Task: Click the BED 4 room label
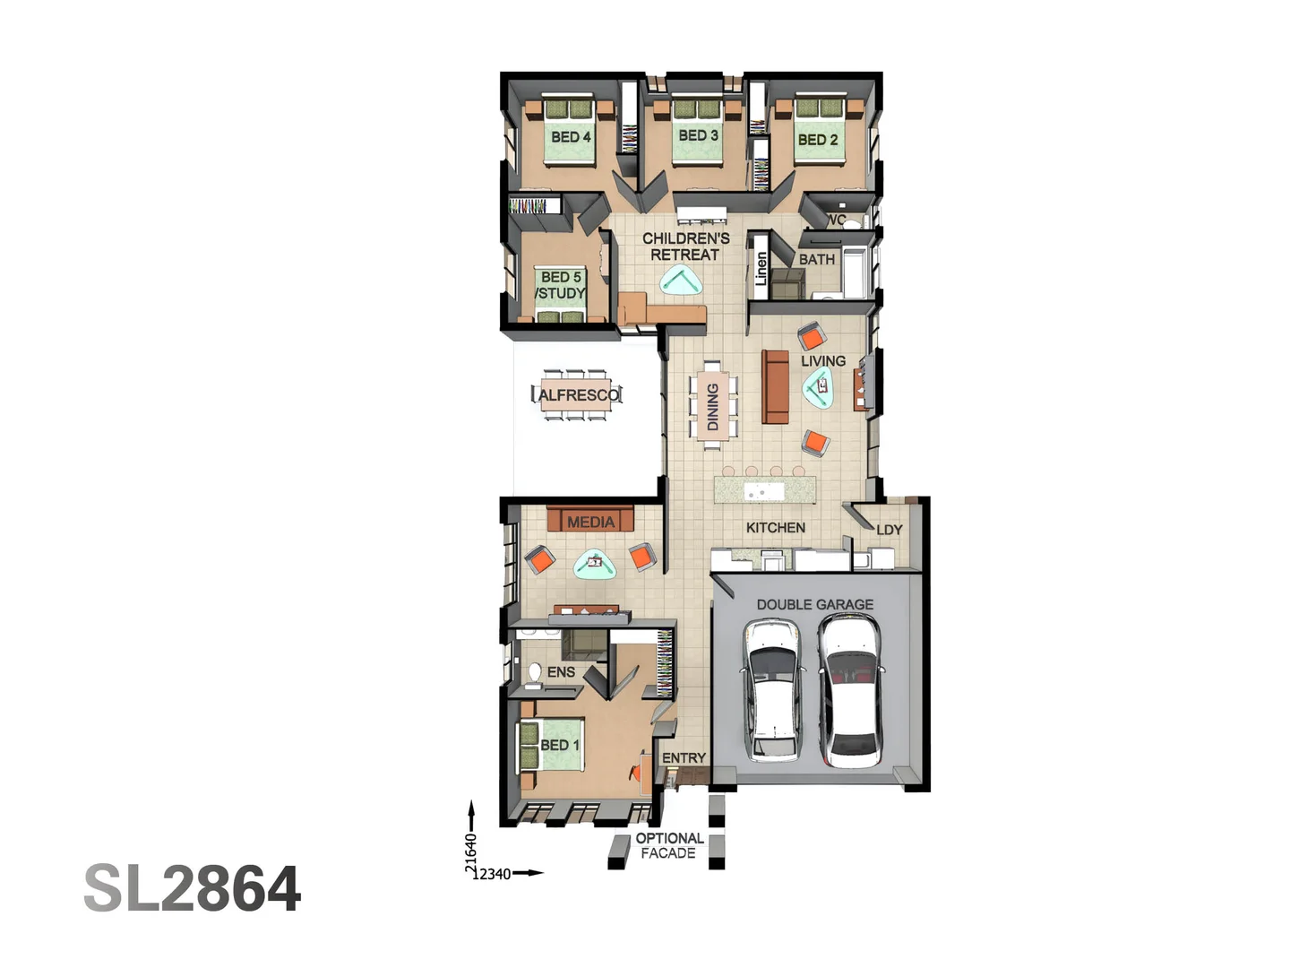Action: coord(571,137)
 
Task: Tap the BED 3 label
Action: coord(698,135)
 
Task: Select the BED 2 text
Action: coord(817,140)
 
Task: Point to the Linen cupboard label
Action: coord(761,268)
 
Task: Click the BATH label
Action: coord(816,259)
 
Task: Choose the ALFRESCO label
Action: coord(578,395)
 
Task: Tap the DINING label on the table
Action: coord(713,407)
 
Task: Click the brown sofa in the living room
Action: coord(775,386)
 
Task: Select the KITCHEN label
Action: coord(775,528)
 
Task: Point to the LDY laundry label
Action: coord(889,530)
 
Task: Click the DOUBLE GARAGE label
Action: coord(814,605)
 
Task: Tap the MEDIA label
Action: coord(590,522)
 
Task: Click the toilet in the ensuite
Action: coord(535,673)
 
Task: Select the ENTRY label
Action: coord(684,758)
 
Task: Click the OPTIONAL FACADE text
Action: coord(668,846)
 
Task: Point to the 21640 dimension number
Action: coord(470,852)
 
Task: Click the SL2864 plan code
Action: coord(193,889)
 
